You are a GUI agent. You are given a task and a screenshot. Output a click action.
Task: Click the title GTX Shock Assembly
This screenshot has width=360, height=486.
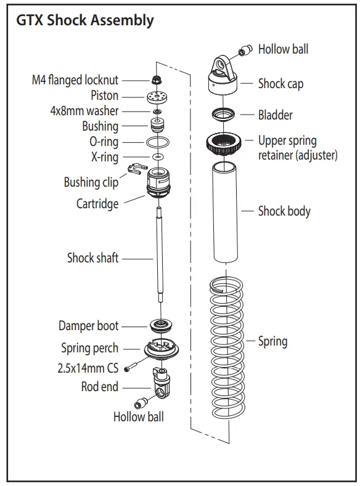(x=84, y=20)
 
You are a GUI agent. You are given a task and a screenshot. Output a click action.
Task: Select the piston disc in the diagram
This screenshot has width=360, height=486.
(x=158, y=96)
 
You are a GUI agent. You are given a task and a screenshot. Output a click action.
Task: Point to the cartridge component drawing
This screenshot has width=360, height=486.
(x=158, y=185)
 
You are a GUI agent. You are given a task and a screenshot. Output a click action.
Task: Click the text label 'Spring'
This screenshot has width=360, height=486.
(x=272, y=341)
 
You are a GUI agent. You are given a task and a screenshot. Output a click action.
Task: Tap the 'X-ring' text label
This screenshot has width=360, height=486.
(x=105, y=157)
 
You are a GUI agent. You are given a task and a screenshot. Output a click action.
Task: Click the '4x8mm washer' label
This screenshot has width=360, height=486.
(x=84, y=111)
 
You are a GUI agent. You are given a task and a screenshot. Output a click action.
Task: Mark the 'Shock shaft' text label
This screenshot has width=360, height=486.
(x=92, y=257)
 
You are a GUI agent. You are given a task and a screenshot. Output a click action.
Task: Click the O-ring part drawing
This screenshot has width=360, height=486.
(x=158, y=143)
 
